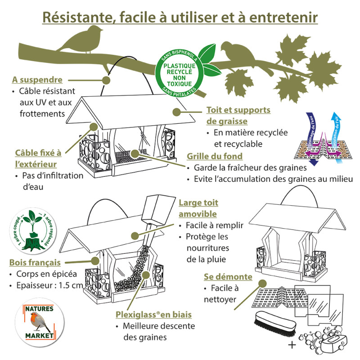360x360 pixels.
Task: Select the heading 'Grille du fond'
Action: (x=215, y=156)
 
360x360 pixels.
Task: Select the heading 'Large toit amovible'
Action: (x=198, y=208)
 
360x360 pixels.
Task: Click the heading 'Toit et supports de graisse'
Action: (x=238, y=115)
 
